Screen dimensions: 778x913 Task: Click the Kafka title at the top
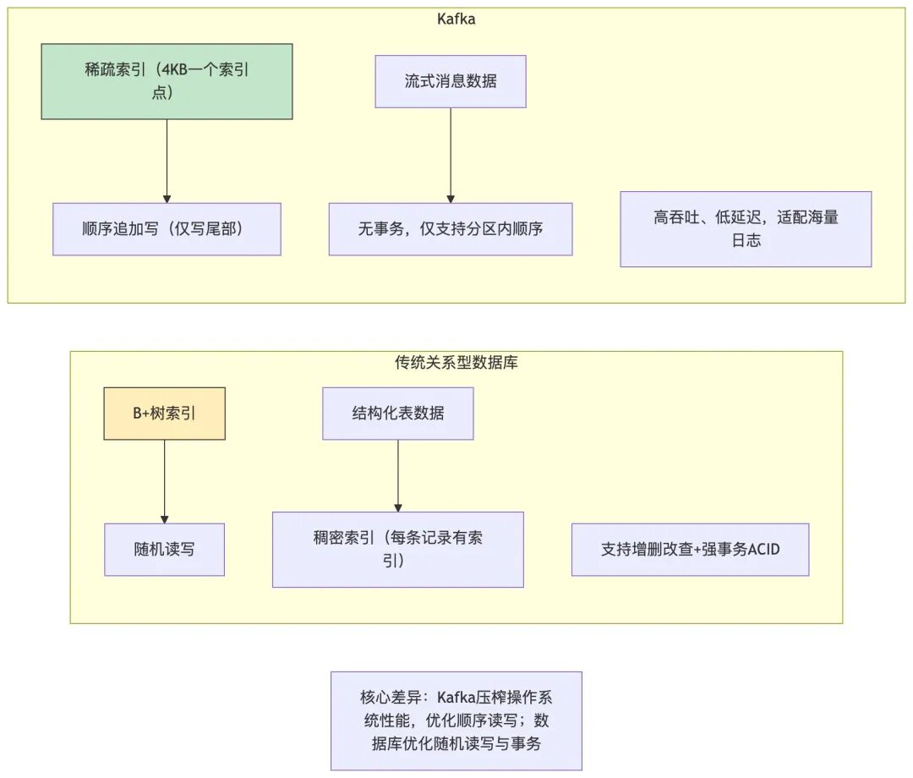[x=456, y=19]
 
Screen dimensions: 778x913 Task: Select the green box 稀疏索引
[x=167, y=81]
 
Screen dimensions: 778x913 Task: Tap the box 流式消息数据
[x=451, y=81]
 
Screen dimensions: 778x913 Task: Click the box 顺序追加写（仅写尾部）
[x=167, y=228]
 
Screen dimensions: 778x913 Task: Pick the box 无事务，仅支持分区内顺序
[x=451, y=228]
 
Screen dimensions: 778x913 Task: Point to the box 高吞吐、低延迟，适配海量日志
[x=746, y=228]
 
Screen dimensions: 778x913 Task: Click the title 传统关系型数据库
[x=456, y=362]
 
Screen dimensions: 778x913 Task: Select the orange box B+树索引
[x=164, y=414]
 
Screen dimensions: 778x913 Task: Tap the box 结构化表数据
[x=397, y=414]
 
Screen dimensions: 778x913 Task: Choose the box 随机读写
[x=164, y=550]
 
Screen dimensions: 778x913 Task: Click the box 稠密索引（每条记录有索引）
[x=397, y=550]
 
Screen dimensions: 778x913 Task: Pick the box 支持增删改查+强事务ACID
[x=690, y=550]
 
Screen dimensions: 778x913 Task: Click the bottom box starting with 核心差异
[x=456, y=720]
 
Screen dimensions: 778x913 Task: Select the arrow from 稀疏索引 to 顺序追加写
[x=167, y=161]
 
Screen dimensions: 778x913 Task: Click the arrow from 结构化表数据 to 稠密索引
[x=397, y=475]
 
